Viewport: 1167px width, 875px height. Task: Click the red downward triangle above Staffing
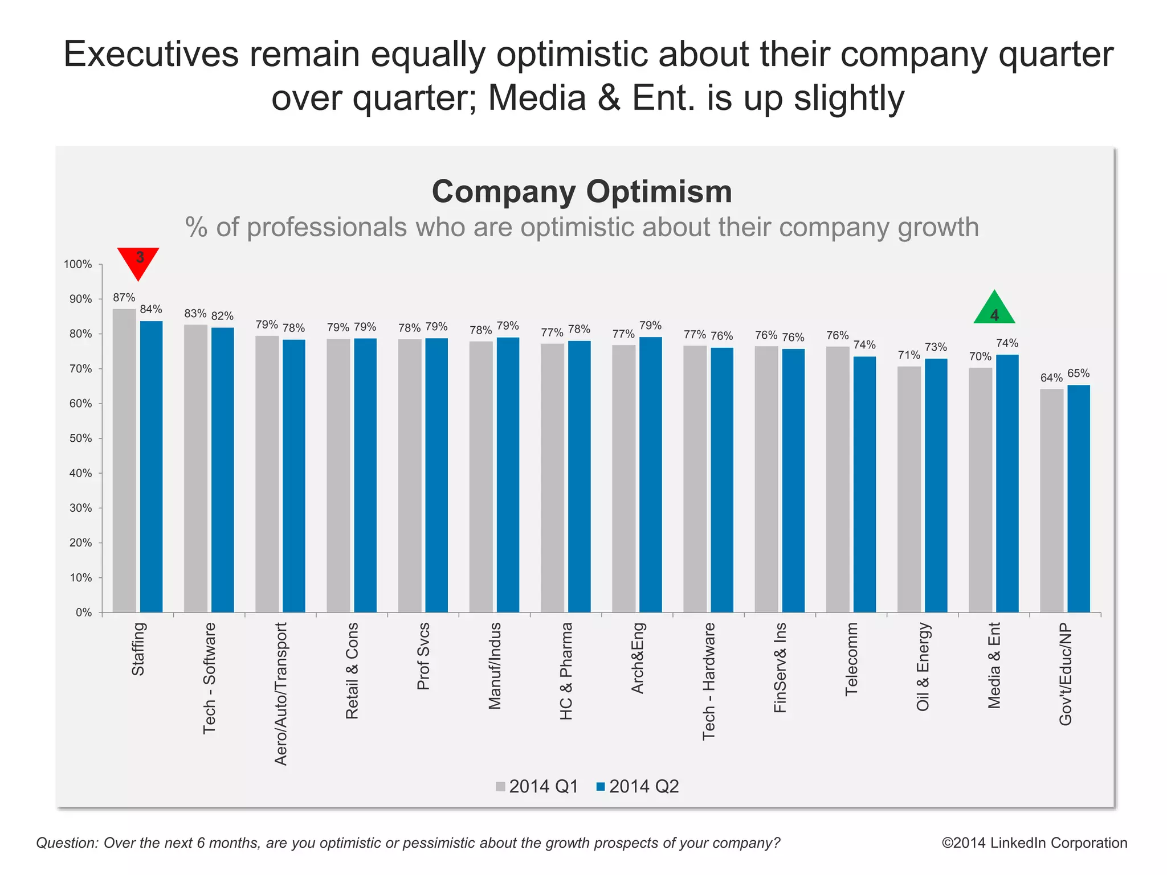[138, 260]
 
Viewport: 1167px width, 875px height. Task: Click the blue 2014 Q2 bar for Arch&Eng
[650, 475]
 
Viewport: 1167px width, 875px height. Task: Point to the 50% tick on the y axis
[80, 438]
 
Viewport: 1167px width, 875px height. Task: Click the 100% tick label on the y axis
[78, 264]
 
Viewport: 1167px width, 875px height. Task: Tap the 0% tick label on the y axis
[84, 613]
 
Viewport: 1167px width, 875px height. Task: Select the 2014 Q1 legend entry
[537, 787]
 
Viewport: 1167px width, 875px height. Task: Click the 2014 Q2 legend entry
[638, 787]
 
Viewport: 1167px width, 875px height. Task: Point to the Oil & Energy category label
[923, 667]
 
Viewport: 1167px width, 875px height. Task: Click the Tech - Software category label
[210, 678]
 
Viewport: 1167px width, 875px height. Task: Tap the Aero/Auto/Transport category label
[281, 693]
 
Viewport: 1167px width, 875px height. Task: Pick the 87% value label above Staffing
[124, 298]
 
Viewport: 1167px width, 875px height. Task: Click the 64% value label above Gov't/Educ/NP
[1051, 378]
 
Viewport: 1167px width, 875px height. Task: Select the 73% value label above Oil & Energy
[936, 347]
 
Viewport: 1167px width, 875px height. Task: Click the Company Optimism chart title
[582, 191]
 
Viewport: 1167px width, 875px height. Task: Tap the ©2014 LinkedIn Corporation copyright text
[1034, 843]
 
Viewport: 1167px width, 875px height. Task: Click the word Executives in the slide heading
[151, 55]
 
